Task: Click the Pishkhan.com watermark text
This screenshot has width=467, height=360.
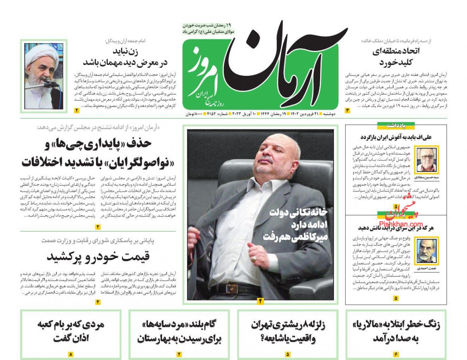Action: point(398,224)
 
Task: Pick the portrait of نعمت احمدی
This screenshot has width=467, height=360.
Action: point(427,252)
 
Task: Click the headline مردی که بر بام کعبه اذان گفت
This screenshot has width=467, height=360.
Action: point(71,331)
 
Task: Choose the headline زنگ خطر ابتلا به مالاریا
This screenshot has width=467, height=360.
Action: point(396,331)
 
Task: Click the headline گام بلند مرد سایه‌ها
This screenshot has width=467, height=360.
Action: point(179,331)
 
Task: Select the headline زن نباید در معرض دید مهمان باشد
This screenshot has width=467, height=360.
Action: point(125,56)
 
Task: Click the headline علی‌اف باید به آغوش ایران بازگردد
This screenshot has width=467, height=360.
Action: point(396,137)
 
